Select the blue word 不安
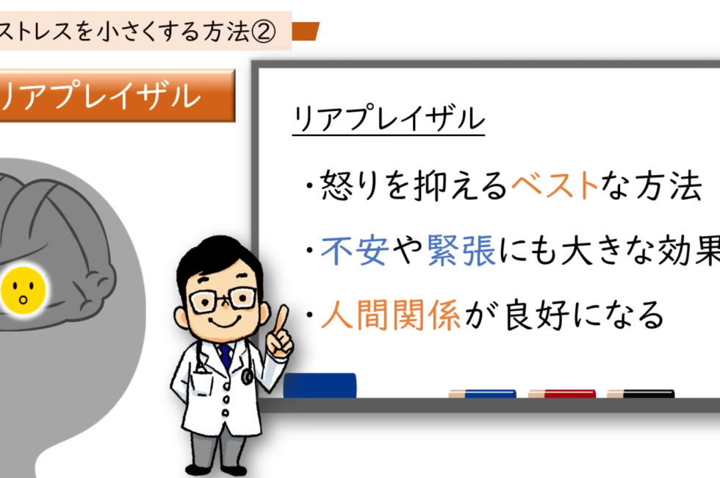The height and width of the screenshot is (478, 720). click(354, 251)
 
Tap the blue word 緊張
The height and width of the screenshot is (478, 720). click(461, 251)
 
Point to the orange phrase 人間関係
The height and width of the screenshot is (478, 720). click(390, 315)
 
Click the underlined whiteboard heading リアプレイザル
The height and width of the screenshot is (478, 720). click(389, 118)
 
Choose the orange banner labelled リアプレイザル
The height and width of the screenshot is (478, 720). click(117, 96)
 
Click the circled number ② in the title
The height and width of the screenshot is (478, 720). click(263, 32)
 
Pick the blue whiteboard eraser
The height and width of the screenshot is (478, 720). click(320, 385)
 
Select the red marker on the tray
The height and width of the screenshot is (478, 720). click(561, 393)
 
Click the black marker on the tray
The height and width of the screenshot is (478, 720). click(641, 393)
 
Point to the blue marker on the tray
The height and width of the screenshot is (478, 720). click(482, 393)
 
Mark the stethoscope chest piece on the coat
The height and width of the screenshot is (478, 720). click(247, 377)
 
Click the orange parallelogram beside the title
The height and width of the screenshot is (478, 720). click(306, 31)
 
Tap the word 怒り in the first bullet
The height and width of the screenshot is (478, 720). click(351, 185)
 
